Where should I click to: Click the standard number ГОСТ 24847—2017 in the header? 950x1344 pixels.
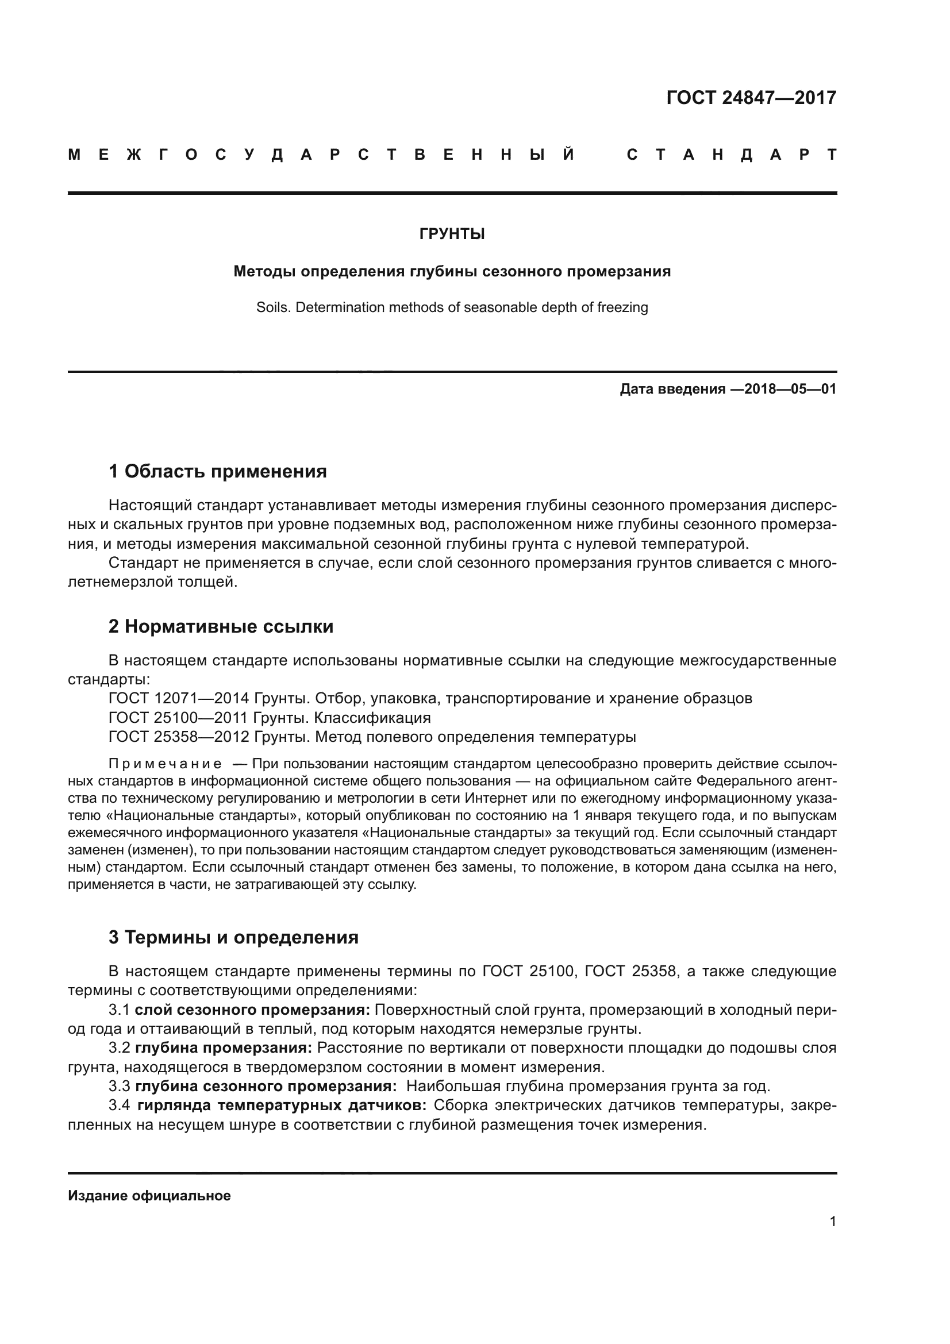tap(751, 97)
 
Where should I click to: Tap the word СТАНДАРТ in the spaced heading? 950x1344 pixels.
tap(731, 155)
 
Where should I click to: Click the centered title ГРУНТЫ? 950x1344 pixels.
tap(452, 234)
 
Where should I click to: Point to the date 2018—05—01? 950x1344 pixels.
tap(790, 388)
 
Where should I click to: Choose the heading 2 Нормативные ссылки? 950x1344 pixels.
tap(221, 626)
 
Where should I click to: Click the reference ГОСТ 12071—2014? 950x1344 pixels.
tap(179, 698)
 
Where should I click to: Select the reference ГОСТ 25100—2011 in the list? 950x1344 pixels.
tap(179, 718)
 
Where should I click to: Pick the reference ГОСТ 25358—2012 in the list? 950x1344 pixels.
tap(179, 737)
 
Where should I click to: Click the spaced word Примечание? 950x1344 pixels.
tap(165, 764)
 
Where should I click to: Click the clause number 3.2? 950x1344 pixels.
tap(120, 1048)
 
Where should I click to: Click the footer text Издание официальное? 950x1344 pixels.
tap(149, 1196)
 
